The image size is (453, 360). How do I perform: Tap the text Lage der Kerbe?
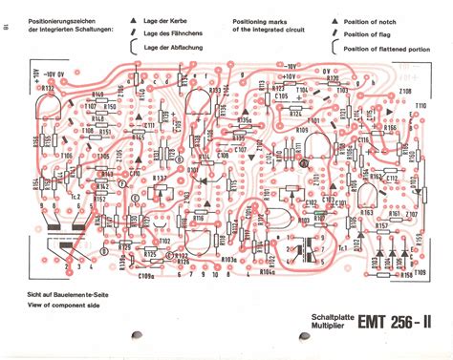(x=164, y=19)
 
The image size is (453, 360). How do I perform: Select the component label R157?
(x=381, y=226)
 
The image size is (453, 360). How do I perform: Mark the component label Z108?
(x=405, y=93)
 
